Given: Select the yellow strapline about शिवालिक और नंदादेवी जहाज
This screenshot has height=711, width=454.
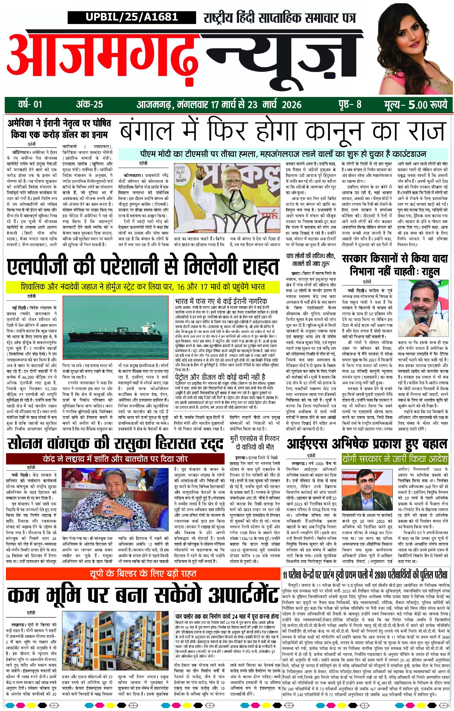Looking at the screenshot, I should tap(143, 287).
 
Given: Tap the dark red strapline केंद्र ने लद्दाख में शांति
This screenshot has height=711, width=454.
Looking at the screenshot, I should tap(115, 459).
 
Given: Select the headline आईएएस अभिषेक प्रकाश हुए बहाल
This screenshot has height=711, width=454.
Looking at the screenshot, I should tap(367, 444).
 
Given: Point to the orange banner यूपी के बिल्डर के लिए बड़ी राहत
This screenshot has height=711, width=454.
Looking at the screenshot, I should tap(143, 574).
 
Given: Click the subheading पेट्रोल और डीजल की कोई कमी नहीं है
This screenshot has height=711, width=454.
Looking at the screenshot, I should tap(220, 377).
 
